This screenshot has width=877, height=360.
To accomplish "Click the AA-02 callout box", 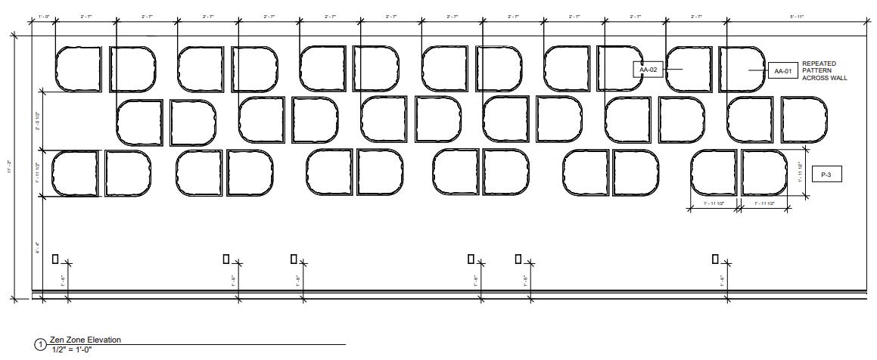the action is [x=648, y=70].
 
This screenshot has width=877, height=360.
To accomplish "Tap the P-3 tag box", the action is [x=826, y=175].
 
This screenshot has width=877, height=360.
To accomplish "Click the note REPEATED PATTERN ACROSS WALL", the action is [x=824, y=71].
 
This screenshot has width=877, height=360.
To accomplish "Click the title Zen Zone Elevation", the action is [x=85, y=340].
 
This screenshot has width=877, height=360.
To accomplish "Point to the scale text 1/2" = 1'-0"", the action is [x=71, y=349].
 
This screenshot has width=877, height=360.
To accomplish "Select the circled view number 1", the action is [x=39, y=346].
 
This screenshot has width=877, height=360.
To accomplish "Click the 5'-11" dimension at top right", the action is [x=783, y=16].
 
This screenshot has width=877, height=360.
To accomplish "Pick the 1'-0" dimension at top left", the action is [x=42, y=16].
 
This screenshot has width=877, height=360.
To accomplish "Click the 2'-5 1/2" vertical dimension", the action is [x=36, y=122].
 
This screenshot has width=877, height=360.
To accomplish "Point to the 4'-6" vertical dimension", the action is [x=36, y=247].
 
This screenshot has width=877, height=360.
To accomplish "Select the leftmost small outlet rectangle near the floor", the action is [x=55, y=259].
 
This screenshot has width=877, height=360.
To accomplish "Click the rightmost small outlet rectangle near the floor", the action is [x=715, y=259].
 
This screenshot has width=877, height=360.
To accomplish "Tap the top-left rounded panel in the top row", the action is [x=78, y=69].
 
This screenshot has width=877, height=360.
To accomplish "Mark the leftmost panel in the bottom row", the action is [x=75, y=173].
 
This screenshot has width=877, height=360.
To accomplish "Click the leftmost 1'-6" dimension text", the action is [x=63, y=280].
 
